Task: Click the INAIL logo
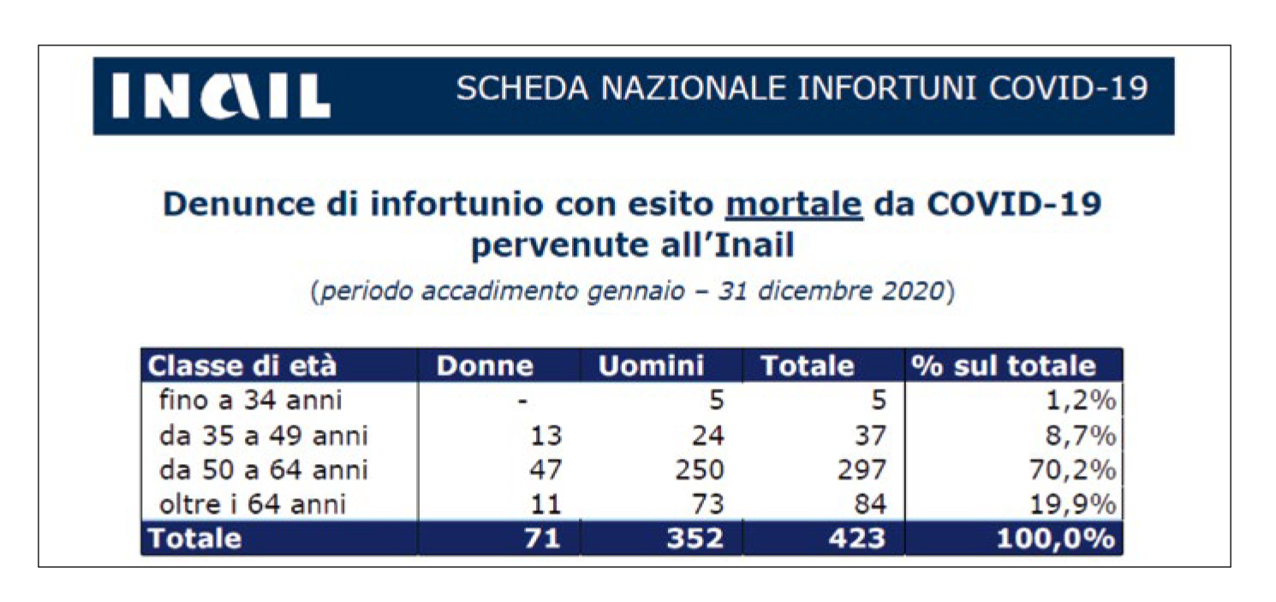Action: coord(220,96)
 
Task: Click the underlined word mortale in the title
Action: coord(793,206)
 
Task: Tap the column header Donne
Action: coord(485,367)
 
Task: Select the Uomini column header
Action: coord(651,367)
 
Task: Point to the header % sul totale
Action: coord(1003,367)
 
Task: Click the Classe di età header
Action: coord(242,367)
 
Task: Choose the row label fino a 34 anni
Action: coord(250,400)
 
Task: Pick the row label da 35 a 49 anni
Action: coord(263,435)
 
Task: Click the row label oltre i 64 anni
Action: coord(253,504)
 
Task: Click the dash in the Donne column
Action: coord(522,400)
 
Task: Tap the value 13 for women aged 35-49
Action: coord(546,435)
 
